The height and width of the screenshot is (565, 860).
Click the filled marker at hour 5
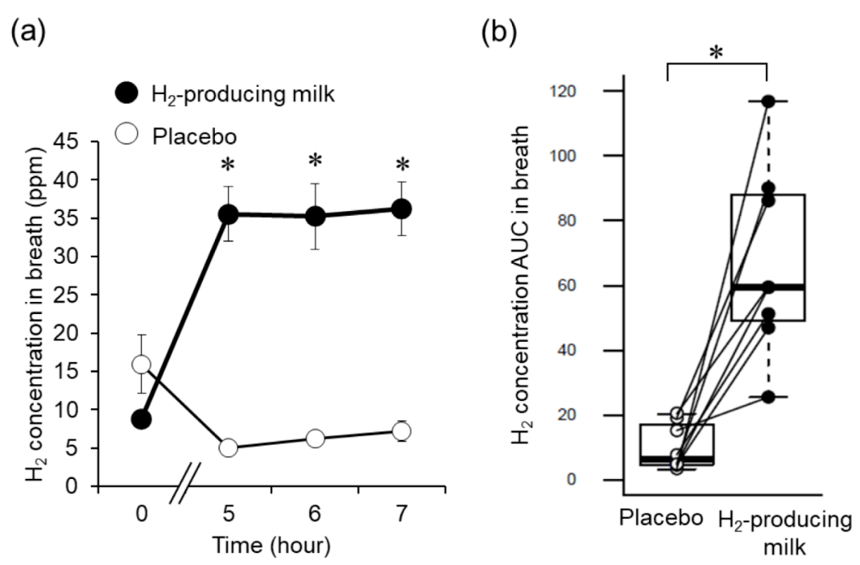coord(229,214)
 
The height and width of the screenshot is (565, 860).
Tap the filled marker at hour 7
coord(401,209)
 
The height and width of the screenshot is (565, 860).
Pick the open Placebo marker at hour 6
coord(315,438)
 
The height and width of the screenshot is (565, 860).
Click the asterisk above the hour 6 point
coord(315,160)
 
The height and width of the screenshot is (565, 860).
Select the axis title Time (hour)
coord(272,546)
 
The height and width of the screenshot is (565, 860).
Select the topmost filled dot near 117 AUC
coord(768,101)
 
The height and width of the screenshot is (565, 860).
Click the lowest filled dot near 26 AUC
coord(768,397)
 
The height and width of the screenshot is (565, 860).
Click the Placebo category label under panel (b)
coord(661,518)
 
